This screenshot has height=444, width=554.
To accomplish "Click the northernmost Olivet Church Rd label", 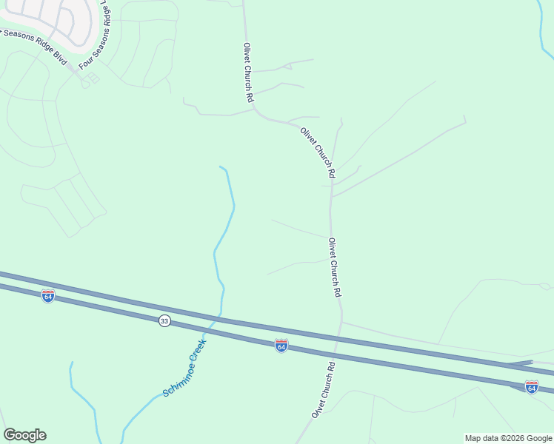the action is [x=249, y=73].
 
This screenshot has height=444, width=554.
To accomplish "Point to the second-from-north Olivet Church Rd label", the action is [x=318, y=152].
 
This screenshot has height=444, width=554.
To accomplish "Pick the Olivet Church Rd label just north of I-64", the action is [x=335, y=267].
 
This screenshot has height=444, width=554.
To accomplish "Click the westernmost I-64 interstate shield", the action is [x=48, y=296].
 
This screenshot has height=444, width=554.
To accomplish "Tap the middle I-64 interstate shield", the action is [x=281, y=346].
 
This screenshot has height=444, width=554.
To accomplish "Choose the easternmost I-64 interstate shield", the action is [x=531, y=387].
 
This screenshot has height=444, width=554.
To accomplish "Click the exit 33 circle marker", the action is [x=164, y=320].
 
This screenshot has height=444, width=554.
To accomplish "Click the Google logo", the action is [x=24, y=435].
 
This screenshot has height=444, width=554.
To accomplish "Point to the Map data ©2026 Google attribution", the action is [x=508, y=438].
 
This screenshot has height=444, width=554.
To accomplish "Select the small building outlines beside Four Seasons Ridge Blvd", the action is [x=92, y=78].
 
